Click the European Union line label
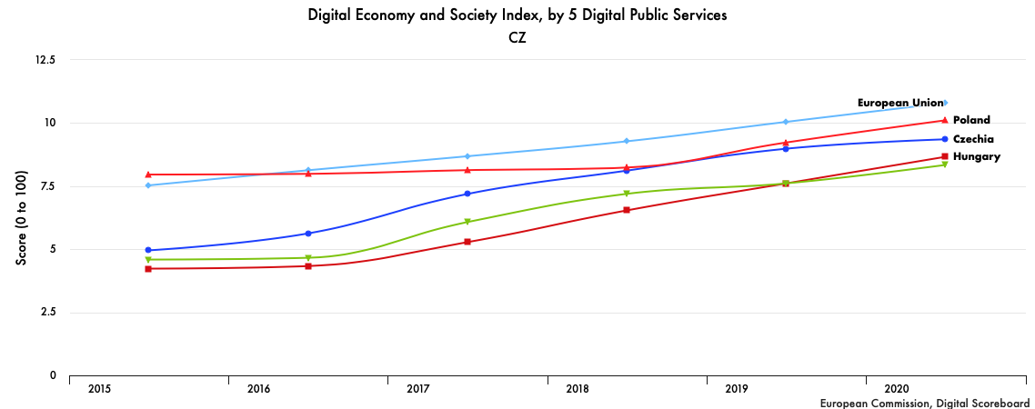coord(899,103)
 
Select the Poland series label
coord(971,120)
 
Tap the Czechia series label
coord(973,139)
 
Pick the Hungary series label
coord(977,156)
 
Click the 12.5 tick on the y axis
coord(45,60)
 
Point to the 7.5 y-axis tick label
coord(47,186)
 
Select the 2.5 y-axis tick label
coord(47,313)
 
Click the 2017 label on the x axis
coord(417,389)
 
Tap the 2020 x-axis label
coord(896,389)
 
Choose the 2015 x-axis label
coord(99,389)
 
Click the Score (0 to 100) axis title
coord(21,218)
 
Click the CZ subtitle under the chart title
coord(517,38)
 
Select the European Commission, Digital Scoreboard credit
coord(924,403)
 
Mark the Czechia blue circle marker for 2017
coord(467,194)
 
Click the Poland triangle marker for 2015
coord(148,175)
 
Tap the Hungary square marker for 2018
coord(627,210)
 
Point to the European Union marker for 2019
coord(786,122)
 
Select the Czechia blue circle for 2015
coord(148,250)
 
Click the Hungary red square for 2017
coord(467,242)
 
